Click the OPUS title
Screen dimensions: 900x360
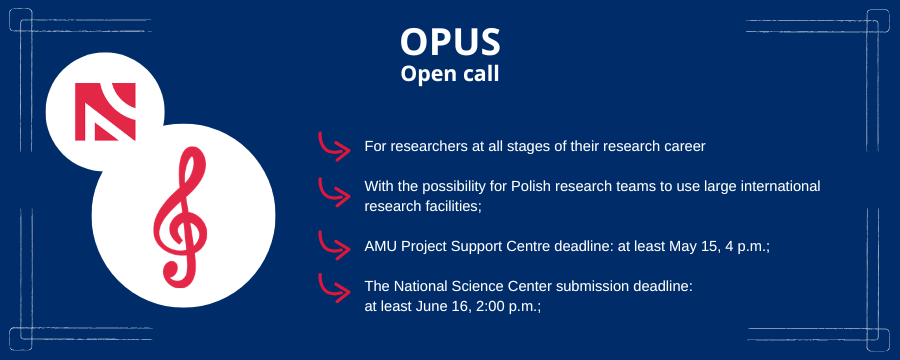pyautogui.click(x=450, y=41)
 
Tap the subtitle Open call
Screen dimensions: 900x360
pyautogui.click(x=450, y=74)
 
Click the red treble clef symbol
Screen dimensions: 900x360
pyautogui.click(x=180, y=217)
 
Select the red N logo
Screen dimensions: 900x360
pyautogui.click(x=105, y=111)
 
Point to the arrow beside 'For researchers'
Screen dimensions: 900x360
pyautogui.click(x=334, y=147)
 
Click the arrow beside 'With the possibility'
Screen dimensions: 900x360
pyautogui.click(x=334, y=192)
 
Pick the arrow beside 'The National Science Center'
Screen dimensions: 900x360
pyautogui.click(x=334, y=288)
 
